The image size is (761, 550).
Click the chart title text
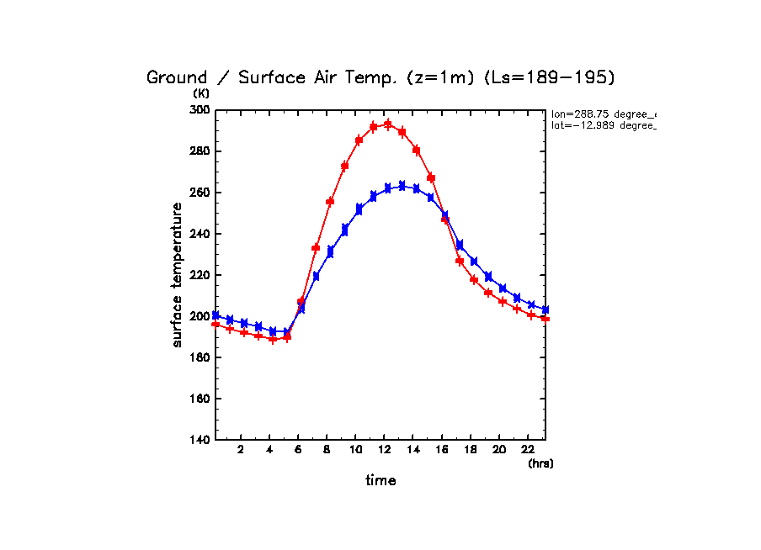380,77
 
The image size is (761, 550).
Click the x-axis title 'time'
380,481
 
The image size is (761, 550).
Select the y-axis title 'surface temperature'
178,274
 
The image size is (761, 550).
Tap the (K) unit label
201,93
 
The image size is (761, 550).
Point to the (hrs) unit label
540,463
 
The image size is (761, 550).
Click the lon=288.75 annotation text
603,113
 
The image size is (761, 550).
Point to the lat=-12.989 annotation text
603,125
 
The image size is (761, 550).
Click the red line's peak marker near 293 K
388,124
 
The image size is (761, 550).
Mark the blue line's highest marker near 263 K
402,185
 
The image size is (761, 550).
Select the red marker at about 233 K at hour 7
316,247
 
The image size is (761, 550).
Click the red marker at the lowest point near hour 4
273,339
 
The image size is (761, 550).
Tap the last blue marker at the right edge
545,310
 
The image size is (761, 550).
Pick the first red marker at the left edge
216,324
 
